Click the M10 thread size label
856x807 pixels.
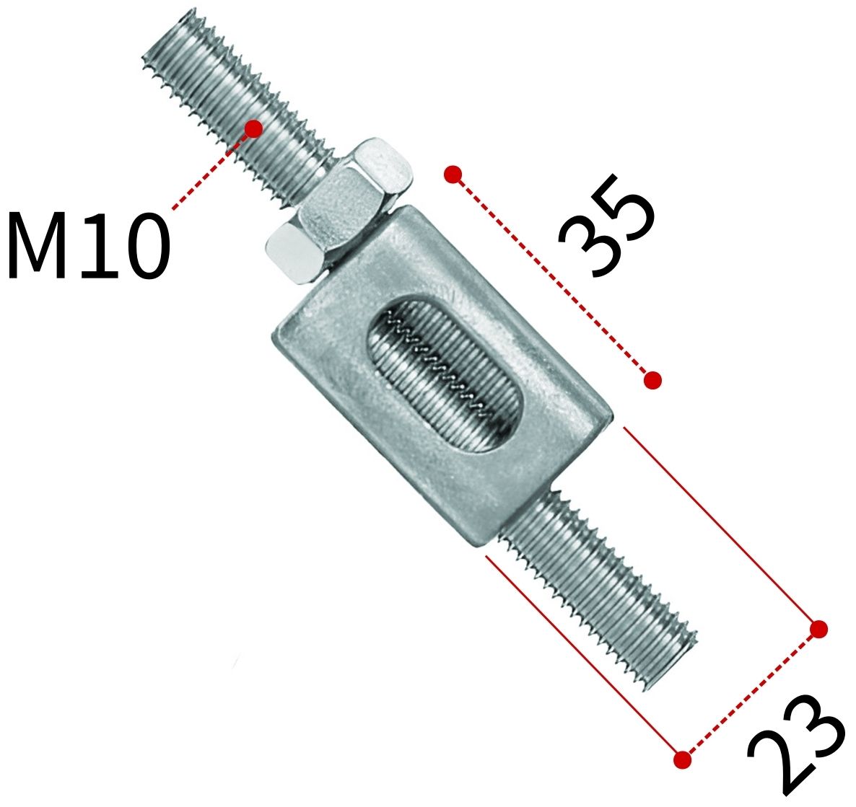point(87,245)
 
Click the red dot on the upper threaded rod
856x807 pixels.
point(253,128)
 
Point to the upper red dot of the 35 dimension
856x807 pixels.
point(453,175)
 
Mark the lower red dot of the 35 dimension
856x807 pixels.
point(652,379)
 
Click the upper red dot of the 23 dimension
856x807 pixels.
point(818,629)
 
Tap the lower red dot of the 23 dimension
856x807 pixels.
point(682,759)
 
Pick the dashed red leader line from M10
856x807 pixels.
point(212,169)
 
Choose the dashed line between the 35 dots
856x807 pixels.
point(552,277)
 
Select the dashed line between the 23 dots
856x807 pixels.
point(751,694)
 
